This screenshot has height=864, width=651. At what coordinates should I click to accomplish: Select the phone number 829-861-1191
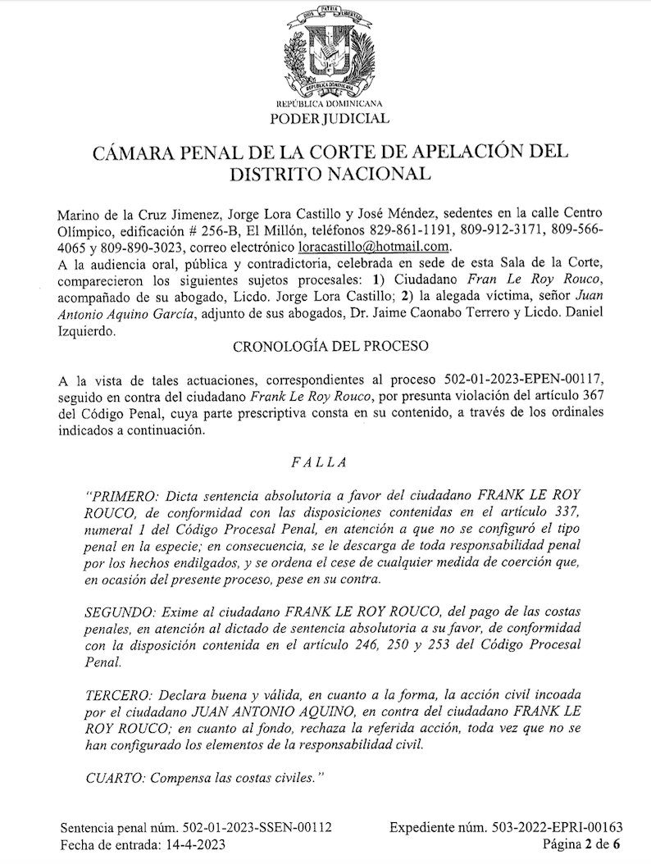coord(430,230)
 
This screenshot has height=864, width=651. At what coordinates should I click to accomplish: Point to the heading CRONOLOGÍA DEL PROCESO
coord(331,346)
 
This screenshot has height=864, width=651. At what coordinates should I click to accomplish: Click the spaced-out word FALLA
coord(319,463)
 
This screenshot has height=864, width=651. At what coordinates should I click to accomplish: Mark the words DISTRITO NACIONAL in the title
coord(330,174)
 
